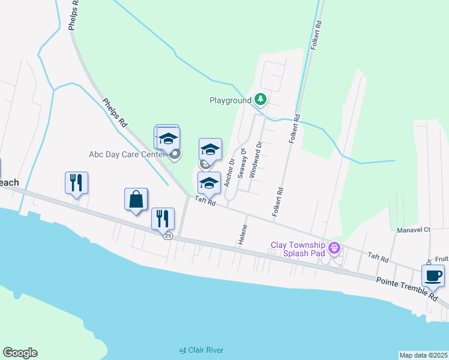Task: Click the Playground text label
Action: click(x=230, y=100)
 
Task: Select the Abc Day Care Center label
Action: click(x=127, y=154)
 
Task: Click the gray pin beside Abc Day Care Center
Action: click(x=175, y=155)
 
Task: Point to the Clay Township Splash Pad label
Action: click(x=298, y=248)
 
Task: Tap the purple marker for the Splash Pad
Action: click(x=335, y=247)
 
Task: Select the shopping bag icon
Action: click(x=136, y=199)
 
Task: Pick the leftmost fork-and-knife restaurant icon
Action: click(x=77, y=182)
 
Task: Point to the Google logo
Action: click(x=20, y=353)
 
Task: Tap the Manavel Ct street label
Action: click(x=414, y=230)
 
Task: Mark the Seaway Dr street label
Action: click(x=242, y=164)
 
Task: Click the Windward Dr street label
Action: click(x=256, y=160)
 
